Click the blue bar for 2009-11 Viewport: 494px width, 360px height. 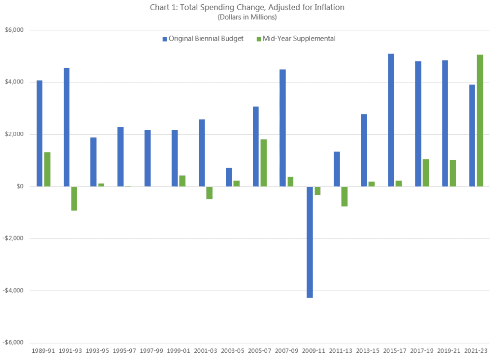tap(310, 242)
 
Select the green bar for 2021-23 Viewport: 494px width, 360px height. tap(480, 121)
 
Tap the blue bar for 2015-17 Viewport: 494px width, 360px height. tap(391, 120)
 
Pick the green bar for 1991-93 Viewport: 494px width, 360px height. tap(74, 198)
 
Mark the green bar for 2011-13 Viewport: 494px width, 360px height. tap(344, 196)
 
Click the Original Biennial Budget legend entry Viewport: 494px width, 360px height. tap(203, 39)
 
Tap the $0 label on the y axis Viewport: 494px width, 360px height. tap(21, 187)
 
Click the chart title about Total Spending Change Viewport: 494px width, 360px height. tap(247, 7)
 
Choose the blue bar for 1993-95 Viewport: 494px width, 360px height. tap(94, 162)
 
